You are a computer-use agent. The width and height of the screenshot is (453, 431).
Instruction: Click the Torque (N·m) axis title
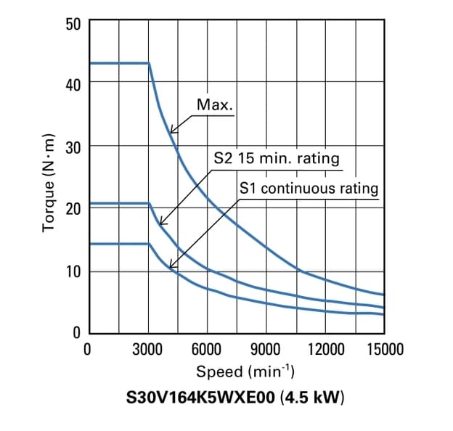[x=49, y=182]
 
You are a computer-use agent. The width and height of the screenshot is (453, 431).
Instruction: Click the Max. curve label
[x=215, y=105]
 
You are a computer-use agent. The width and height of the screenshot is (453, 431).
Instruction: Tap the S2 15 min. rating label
[x=276, y=158]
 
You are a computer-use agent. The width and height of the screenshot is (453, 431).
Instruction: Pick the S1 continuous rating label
[x=309, y=189]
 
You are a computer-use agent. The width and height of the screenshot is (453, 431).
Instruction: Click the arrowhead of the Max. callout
[x=171, y=133]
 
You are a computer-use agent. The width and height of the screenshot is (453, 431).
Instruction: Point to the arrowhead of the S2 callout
[x=160, y=224]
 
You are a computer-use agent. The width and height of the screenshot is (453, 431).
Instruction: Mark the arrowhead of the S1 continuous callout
[x=169, y=268]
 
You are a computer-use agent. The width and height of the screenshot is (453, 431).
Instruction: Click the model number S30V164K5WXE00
[x=202, y=398]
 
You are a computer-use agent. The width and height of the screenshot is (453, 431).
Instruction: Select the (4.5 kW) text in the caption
[x=311, y=398]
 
